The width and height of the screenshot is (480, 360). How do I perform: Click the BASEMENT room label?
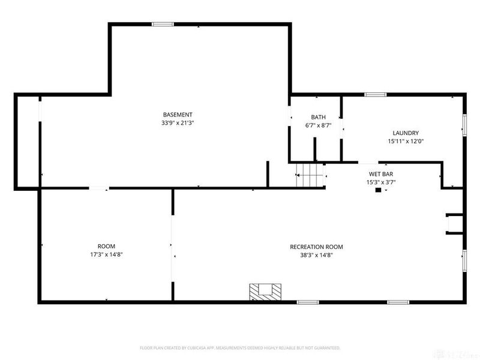point(178,115)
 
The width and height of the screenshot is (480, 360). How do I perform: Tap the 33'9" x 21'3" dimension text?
point(178,123)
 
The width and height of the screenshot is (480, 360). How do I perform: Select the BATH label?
point(318,117)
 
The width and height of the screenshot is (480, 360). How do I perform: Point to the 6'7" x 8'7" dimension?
point(318,125)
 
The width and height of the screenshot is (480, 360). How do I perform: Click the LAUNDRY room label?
point(406,133)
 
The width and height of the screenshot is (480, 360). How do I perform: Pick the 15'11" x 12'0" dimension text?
point(406,142)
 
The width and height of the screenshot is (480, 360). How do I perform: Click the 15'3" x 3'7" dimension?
point(380,182)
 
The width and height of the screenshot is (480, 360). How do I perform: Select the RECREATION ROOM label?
point(316,247)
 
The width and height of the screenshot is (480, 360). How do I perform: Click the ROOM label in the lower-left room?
point(106,247)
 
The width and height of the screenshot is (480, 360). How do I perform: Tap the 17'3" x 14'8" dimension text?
point(106,255)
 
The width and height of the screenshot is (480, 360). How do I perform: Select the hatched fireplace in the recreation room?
point(265,291)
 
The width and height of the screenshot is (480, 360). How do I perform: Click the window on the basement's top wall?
point(162,24)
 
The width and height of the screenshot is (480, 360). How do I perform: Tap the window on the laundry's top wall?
point(376,94)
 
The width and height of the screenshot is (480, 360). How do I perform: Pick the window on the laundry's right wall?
point(464,124)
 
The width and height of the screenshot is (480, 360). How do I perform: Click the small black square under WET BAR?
point(378,190)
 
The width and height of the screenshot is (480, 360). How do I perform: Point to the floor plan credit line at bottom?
point(240,347)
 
